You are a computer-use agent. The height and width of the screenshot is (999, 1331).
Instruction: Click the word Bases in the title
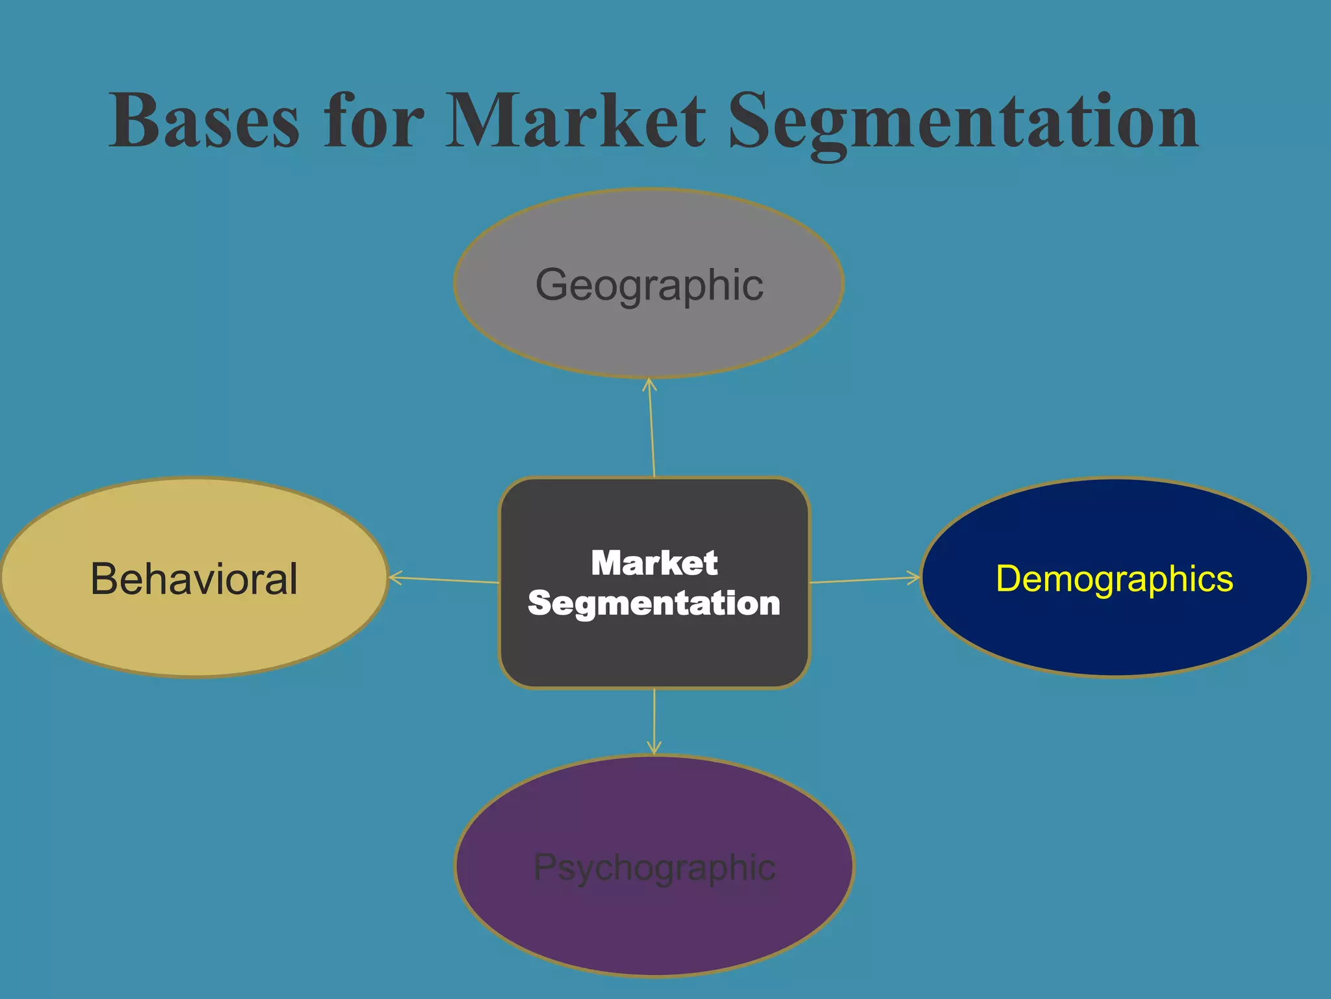[x=204, y=121]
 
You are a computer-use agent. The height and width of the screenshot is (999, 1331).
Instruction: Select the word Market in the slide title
[x=576, y=121]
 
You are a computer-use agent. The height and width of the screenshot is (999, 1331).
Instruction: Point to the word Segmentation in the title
[x=963, y=124]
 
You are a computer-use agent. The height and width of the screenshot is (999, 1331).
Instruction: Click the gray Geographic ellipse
[x=649, y=332]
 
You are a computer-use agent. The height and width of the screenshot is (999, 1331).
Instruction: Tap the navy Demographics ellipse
[x=1114, y=631]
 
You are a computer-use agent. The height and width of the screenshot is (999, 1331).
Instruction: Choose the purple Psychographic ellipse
[x=654, y=924]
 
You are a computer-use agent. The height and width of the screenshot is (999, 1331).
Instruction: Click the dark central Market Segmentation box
[x=654, y=650]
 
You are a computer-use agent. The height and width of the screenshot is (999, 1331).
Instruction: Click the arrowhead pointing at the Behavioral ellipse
[x=395, y=577]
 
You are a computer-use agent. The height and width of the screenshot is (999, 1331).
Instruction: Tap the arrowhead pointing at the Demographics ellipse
[x=914, y=577]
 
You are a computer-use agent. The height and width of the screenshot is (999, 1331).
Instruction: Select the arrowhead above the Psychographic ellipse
[x=654, y=748]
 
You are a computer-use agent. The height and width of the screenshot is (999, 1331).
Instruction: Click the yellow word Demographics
[x=1114, y=578]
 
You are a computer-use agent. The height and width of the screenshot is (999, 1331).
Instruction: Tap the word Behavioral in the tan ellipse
[x=194, y=578]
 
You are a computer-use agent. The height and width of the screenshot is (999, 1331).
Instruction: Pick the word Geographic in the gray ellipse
[x=649, y=284]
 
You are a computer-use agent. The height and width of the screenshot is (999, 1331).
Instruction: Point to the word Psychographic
[x=654, y=867]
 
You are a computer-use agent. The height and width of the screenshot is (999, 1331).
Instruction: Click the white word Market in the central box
[x=654, y=563]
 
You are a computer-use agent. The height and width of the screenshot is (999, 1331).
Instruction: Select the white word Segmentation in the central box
[x=654, y=603]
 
